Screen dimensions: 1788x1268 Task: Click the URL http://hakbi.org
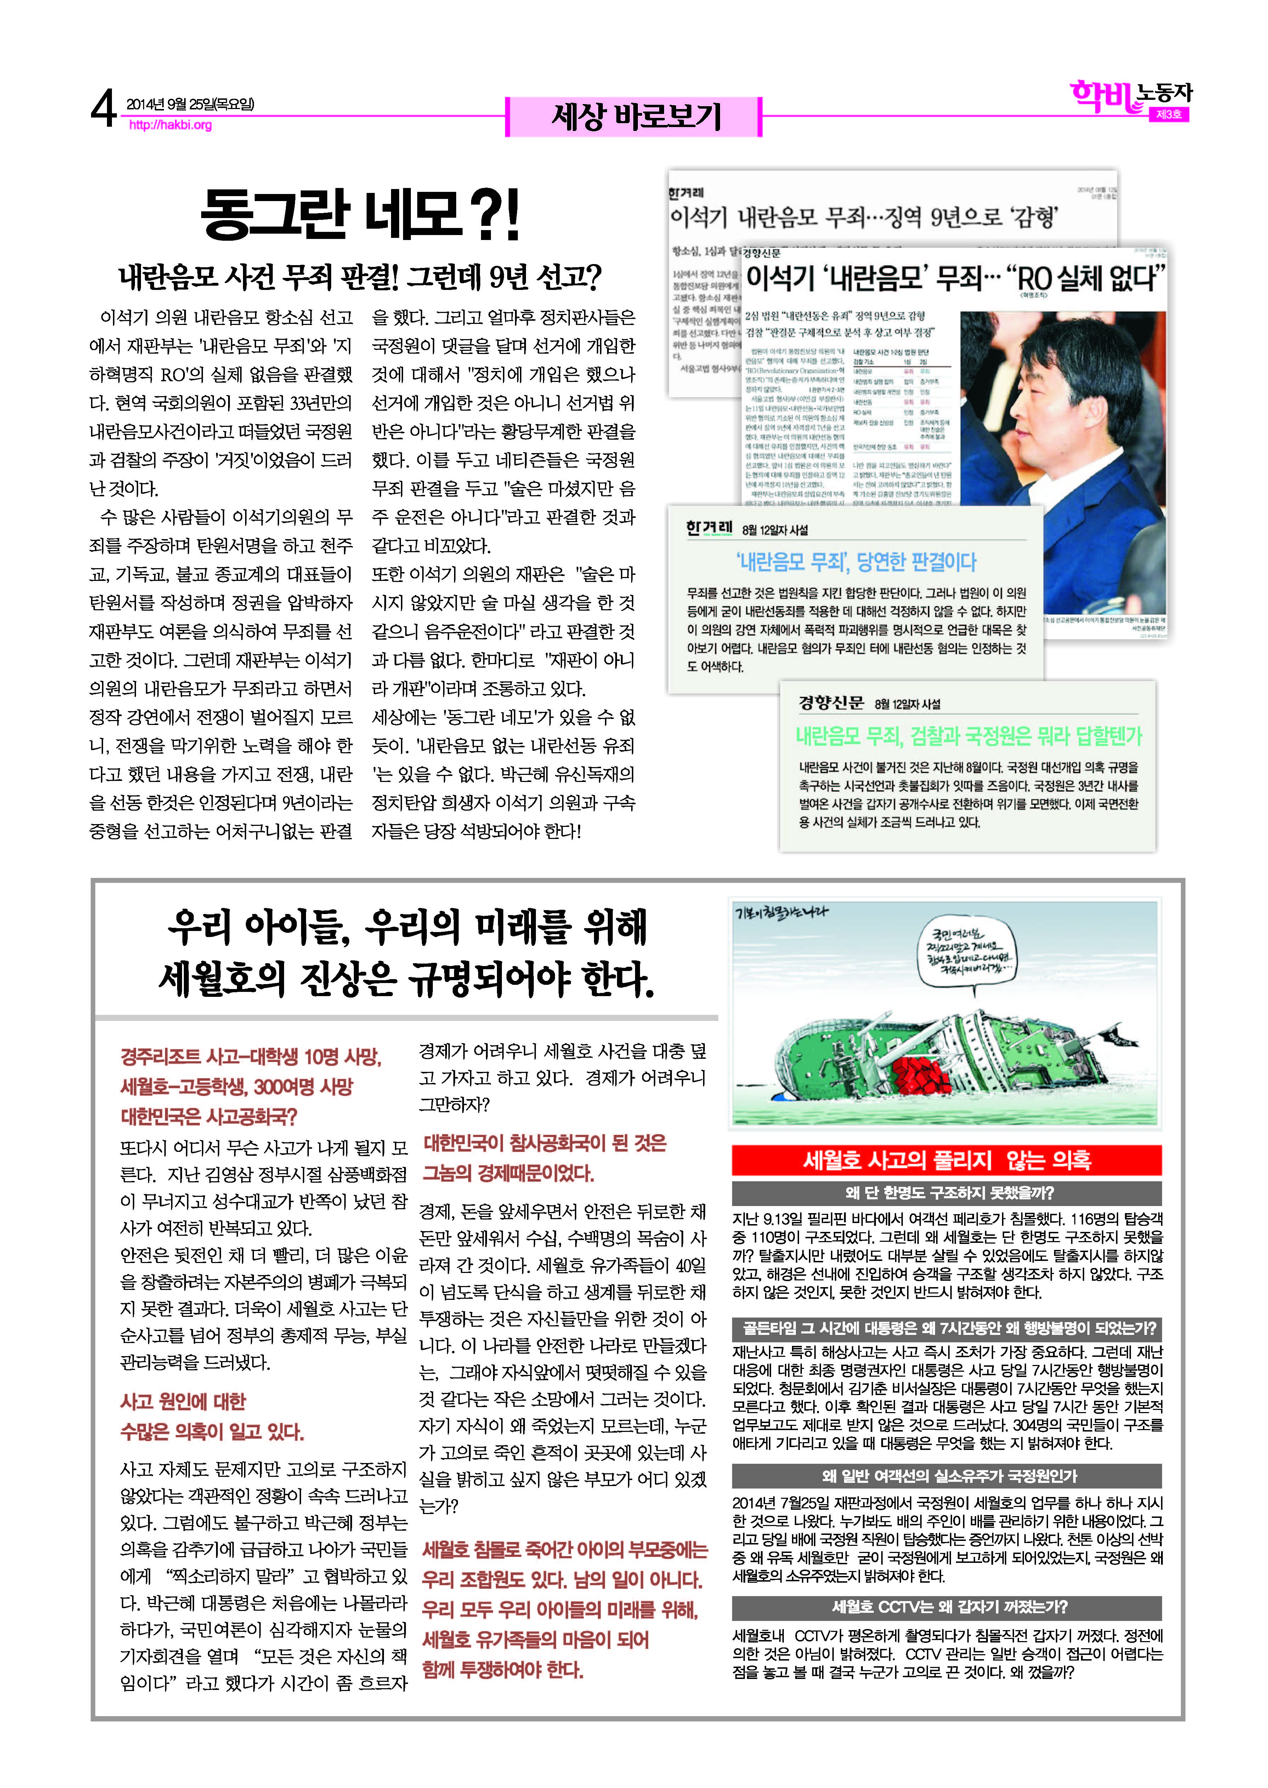(x=170, y=125)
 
